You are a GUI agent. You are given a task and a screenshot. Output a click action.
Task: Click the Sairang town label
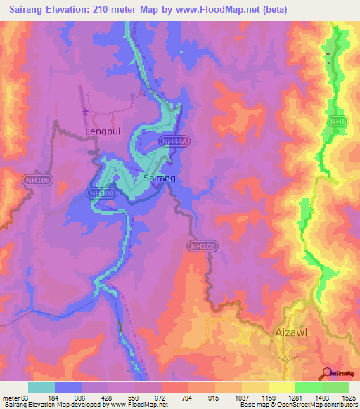coord(159,179)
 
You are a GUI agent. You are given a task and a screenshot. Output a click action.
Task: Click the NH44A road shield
coord(174,142)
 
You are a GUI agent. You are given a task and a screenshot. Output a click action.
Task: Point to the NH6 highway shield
coord(337,122)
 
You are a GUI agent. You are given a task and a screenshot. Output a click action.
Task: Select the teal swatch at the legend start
coord(41,387)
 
